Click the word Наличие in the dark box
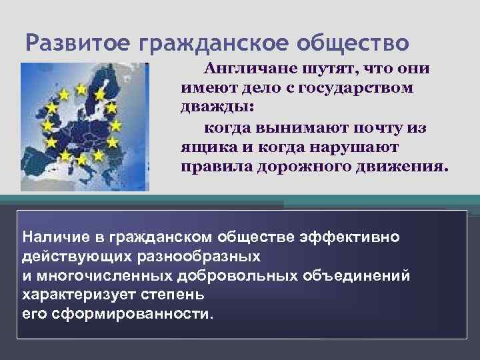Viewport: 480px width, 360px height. coord(52,238)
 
